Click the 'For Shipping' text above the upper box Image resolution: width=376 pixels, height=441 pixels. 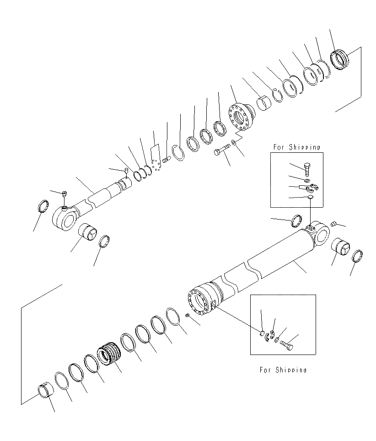296,147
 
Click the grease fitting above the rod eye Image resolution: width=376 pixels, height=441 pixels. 64,194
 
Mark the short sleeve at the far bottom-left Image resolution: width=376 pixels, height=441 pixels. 45,393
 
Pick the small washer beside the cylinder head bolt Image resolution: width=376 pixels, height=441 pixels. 235,143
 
